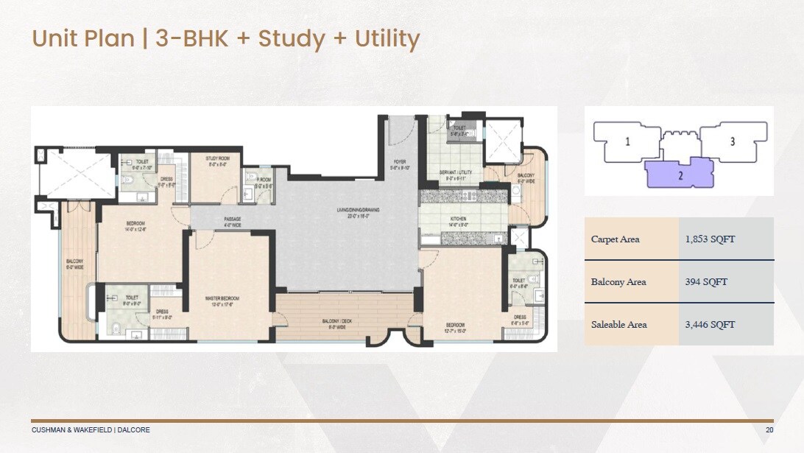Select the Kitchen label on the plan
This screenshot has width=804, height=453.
(x=459, y=222)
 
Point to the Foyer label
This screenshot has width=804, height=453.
(x=398, y=164)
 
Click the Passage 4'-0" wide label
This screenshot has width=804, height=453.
(x=233, y=222)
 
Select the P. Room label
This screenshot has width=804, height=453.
(x=264, y=182)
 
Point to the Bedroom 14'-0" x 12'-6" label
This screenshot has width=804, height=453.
(x=135, y=226)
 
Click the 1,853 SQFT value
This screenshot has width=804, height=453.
(x=710, y=239)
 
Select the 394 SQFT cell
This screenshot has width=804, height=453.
(x=699, y=282)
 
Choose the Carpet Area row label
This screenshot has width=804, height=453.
(x=615, y=239)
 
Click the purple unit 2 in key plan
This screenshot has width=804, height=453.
(x=680, y=175)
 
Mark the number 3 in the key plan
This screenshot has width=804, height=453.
(x=732, y=141)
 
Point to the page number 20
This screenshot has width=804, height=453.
(x=769, y=429)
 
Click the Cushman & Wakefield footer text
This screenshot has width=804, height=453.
(x=91, y=429)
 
